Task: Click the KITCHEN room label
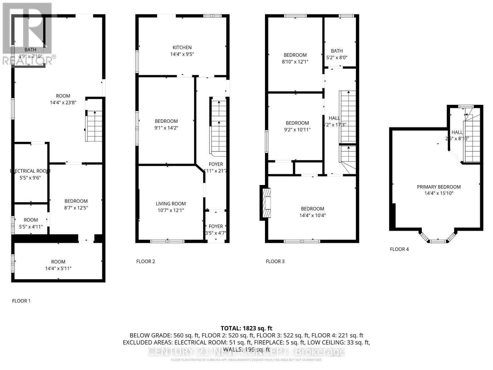(x=182, y=47)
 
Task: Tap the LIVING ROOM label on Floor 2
(x=170, y=203)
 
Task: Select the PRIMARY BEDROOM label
(x=438, y=187)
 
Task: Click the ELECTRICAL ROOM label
(x=30, y=171)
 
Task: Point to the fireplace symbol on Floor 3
(x=267, y=203)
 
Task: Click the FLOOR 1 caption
(x=21, y=301)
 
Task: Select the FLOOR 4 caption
(x=399, y=249)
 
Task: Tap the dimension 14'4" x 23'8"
(x=63, y=102)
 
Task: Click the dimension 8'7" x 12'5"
(x=76, y=208)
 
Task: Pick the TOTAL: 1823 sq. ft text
(x=246, y=328)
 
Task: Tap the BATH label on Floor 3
(x=336, y=51)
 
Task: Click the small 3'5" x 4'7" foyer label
(x=216, y=233)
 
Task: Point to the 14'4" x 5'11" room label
(x=58, y=268)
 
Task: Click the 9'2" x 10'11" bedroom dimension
(x=297, y=129)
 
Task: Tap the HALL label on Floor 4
(x=457, y=132)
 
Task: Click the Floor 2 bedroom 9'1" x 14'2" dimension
(x=166, y=128)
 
